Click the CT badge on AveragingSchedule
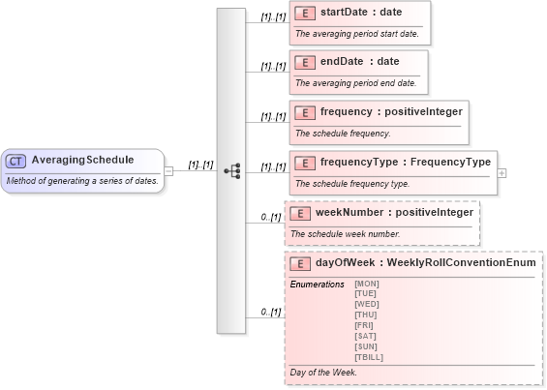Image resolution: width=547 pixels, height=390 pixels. [x=15, y=161]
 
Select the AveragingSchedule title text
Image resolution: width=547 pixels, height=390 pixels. [x=82, y=160]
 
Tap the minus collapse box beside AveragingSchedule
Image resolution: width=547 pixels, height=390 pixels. [x=168, y=170]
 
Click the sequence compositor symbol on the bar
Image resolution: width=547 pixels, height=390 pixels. [x=231, y=170]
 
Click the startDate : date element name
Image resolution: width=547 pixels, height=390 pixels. [x=361, y=13]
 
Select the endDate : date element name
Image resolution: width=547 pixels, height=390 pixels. [x=359, y=62]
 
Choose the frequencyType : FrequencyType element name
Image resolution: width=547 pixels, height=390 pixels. [x=405, y=162]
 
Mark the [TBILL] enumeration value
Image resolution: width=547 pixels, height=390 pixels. [x=369, y=357]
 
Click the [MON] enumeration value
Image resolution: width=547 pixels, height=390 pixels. [x=367, y=284]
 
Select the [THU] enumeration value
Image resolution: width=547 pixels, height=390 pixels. [x=366, y=315]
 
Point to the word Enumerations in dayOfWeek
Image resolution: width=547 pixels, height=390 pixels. [x=317, y=285]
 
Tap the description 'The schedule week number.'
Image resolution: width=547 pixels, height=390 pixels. [x=345, y=233]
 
